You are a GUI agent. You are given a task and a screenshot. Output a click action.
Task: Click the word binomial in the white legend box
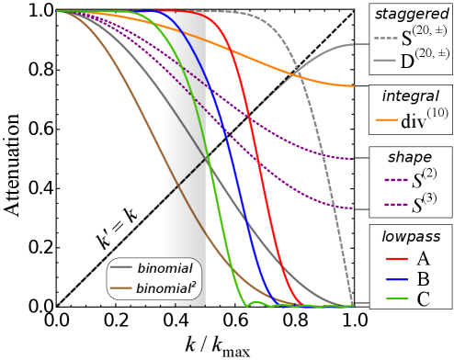click(x=165, y=269)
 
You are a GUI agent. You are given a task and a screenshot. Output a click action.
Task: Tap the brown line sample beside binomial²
click(x=120, y=288)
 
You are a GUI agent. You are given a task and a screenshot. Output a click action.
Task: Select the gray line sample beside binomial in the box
click(x=120, y=268)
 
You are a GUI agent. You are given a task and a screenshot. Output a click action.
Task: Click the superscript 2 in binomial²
click(x=193, y=285)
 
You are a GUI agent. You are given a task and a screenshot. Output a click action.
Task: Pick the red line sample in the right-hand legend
click(x=396, y=259)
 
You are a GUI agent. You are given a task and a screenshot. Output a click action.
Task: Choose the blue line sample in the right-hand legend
click(x=396, y=279)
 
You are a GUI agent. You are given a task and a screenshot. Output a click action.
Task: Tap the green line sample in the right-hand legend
click(x=396, y=298)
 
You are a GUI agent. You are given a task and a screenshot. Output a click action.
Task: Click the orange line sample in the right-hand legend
click(x=386, y=119)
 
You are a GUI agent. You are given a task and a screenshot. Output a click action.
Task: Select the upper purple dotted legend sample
click(x=396, y=180)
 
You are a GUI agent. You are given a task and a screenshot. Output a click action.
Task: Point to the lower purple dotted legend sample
click(x=396, y=205)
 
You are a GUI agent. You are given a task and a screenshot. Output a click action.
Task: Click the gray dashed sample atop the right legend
click(x=385, y=39)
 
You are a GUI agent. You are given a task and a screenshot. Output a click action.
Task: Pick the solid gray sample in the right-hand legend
click(x=385, y=60)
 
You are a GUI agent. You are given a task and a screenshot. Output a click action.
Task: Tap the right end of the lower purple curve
click(x=350, y=208)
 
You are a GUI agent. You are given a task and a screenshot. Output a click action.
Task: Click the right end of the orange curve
click(x=351, y=86)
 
